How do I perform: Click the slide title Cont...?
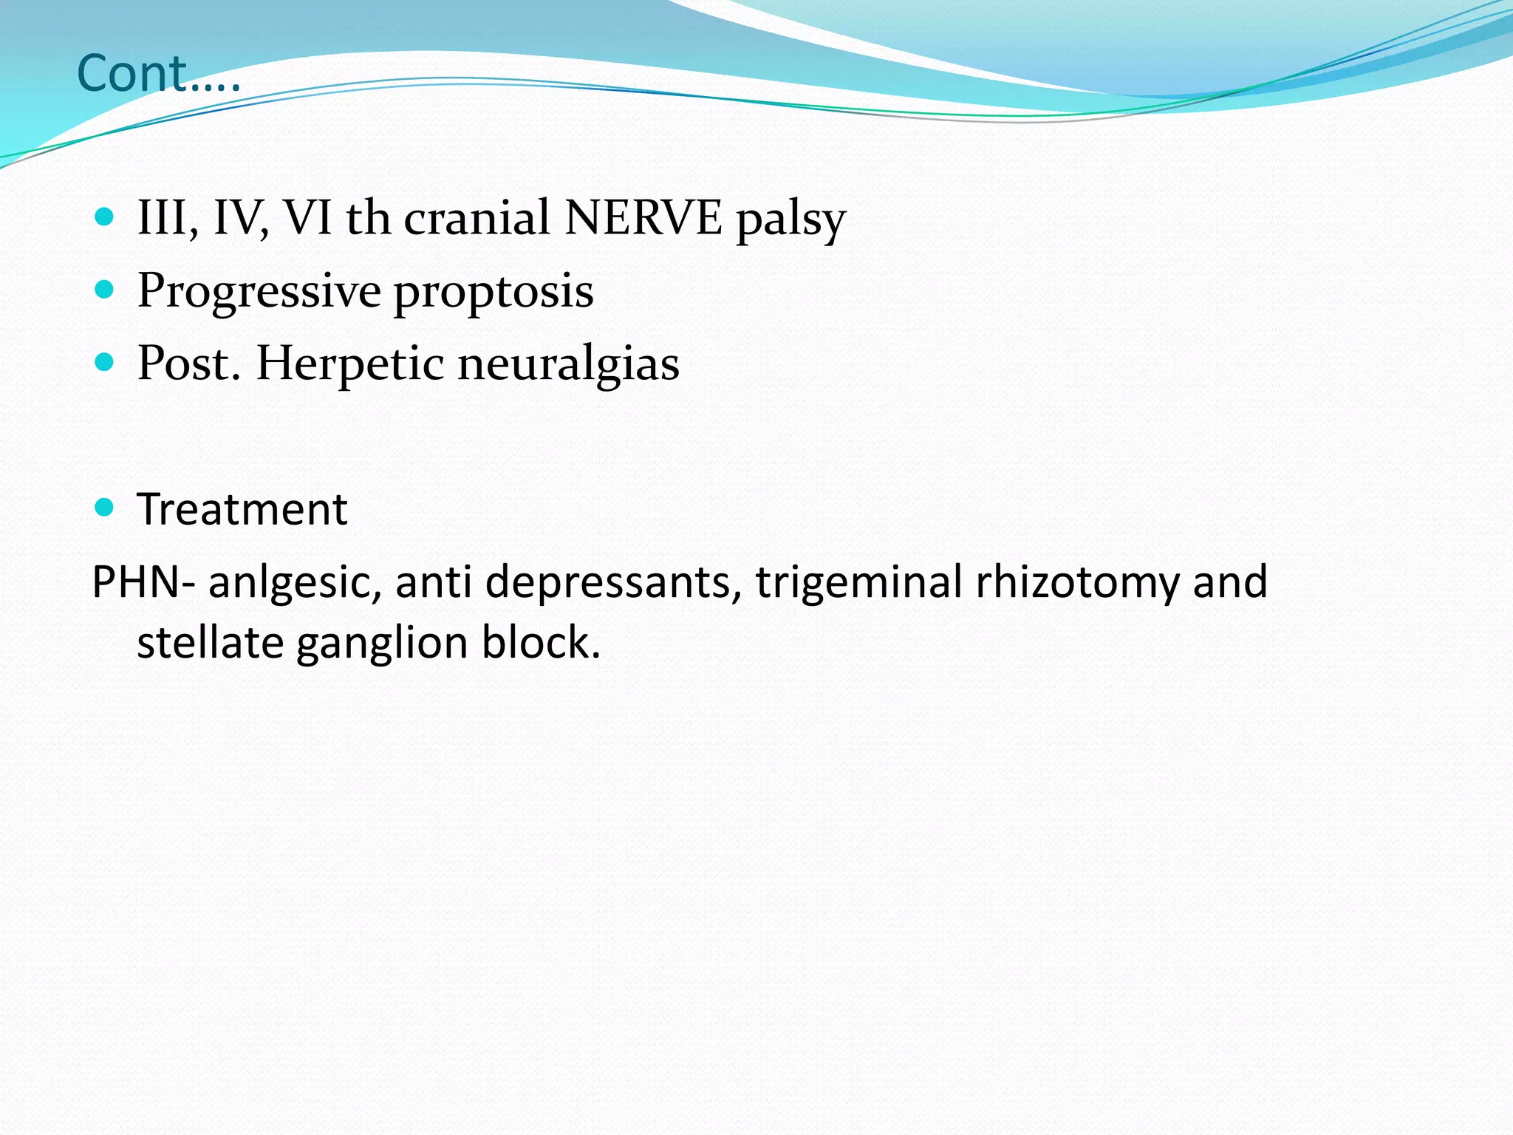click(x=158, y=74)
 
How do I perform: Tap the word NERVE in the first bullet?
click(x=643, y=218)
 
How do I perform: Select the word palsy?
click(x=790, y=219)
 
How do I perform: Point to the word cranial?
click(x=477, y=218)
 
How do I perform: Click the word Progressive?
click(x=259, y=291)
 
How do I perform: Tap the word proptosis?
click(x=493, y=293)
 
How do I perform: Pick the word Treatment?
click(x=242, y=509)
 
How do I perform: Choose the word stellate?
click(x=210, y=642)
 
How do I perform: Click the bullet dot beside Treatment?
click(x=105, y=508)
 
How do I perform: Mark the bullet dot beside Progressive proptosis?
click(x=105, y=290)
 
